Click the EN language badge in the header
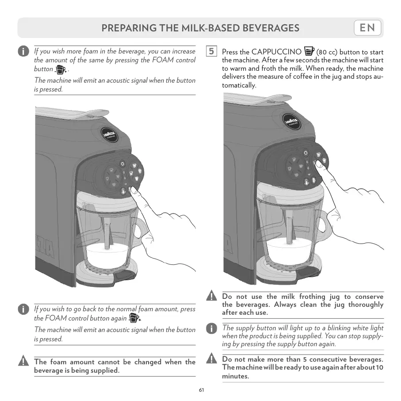coord(367,28)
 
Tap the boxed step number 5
coord(212,51)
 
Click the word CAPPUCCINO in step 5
coord(277,52)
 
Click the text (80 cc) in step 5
coord(327,52)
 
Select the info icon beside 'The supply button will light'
coord(212,328)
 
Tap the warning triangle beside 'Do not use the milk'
coord(212,297)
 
